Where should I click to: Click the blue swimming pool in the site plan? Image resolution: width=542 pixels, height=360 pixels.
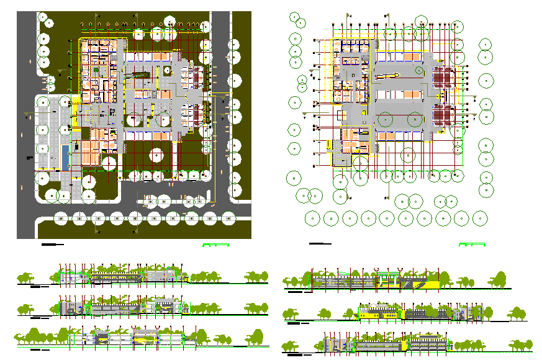[66, 155]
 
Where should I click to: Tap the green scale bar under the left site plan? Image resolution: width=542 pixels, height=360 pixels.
[215, 245]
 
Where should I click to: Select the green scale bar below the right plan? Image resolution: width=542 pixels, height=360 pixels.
[472, 245]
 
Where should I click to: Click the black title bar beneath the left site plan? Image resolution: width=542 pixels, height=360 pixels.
[53, 245]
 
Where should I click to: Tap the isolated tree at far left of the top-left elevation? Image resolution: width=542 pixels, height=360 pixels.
[25, 276]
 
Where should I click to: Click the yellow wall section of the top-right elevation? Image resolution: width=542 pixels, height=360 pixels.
[428, 284]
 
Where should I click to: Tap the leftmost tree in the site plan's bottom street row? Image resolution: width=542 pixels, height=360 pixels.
[61, 218]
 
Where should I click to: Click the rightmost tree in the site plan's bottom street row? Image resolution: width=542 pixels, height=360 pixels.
[228, 218]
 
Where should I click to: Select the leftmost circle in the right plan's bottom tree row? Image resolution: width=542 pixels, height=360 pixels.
[313, 218]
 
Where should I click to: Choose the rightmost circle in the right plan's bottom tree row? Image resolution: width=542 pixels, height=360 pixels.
[479, 218]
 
